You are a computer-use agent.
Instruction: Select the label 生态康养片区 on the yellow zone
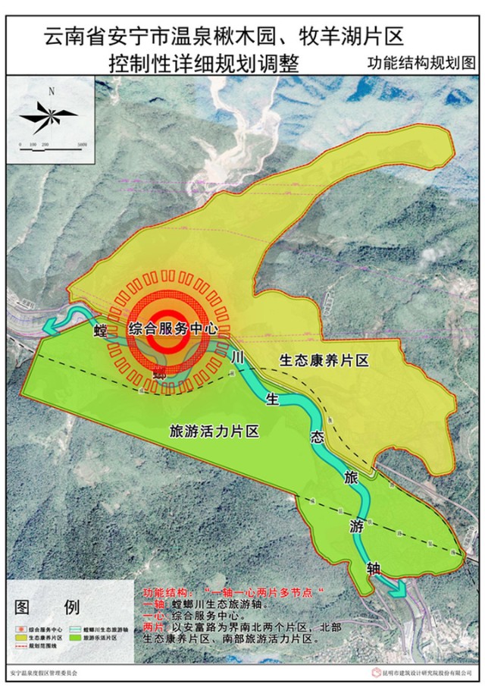pyautogui.click(x=324, y=361)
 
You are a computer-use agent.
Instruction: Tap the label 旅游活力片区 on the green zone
pyautogui.click(x=211, y=431)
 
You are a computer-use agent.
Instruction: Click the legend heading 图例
pyautogui.click(x=45, y=607)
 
